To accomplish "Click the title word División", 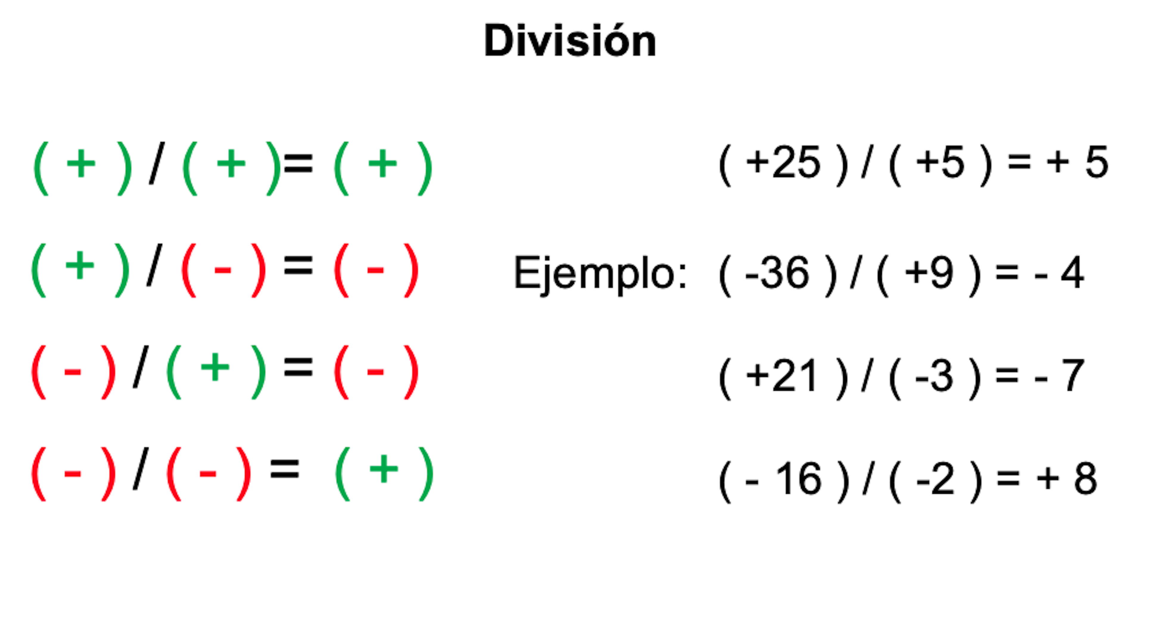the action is (x=570, y=41).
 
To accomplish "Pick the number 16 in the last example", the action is (x=798, y=479).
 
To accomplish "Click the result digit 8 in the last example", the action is (x=1085, y=479).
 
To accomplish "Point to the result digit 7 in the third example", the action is (x=1073, y=376).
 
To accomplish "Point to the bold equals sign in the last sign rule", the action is (x=285, y=468).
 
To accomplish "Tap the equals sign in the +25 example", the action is (x=1019, y=161).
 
